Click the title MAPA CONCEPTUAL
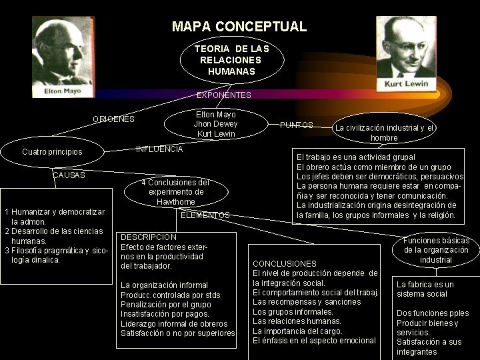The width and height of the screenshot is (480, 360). pos(239,27)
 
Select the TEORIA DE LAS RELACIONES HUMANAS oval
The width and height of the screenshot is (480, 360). pos(231,60)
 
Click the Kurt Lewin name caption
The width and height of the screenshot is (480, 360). pos(406,85)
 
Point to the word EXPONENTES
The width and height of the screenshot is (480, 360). pos(224,95)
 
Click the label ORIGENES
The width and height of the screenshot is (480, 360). pos(113,119)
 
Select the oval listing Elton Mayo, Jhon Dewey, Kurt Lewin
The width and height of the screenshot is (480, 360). pos(215,124)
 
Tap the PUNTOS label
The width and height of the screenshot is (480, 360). pos(297,125)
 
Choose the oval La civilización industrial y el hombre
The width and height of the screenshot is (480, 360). pos(384,132)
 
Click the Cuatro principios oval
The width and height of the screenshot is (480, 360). pos(52,152)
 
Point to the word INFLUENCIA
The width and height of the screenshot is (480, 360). pos(159,149)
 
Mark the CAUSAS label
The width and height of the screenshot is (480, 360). pos(69,175)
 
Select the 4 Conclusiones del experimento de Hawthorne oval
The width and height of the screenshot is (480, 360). pos(176,192)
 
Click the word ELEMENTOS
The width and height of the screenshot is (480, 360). pos(205,215)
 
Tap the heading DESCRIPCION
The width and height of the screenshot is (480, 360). pos(149,237)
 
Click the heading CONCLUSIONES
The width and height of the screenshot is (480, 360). pos(285,264)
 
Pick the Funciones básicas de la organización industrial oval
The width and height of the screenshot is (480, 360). pos(436,250)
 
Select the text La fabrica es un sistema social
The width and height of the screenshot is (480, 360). pos(425,289)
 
